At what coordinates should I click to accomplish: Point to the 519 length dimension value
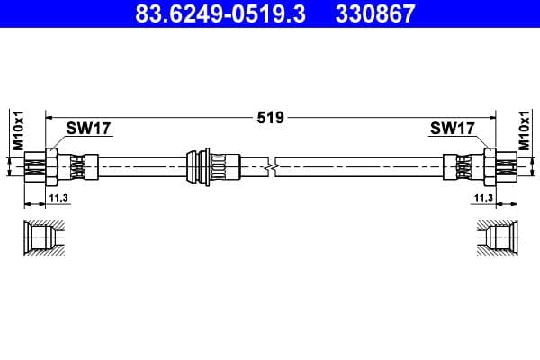[x=270, y=117]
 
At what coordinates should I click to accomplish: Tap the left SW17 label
[x=88, y=129]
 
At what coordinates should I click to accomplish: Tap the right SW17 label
[x=452, y=129]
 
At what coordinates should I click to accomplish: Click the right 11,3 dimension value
[x=483, y=197]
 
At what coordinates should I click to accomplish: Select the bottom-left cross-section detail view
[x=44, y=238]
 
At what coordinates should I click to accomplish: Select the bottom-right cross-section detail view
[x=497, y=238]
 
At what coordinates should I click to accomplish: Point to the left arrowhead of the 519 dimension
[x=50, y=117]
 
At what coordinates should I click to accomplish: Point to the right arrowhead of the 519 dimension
[x=491, y=117]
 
